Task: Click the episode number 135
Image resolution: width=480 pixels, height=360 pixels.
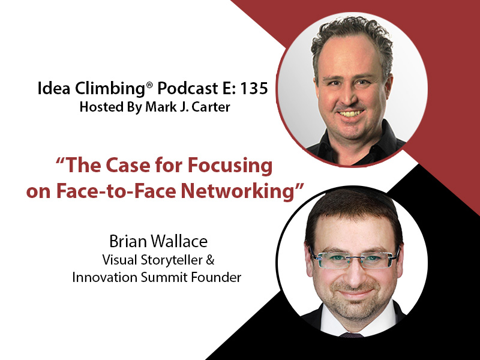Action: pyautogui.click(x=254, y=89)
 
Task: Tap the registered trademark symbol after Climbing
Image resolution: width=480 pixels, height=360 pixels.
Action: pyautogui.click(x=149, y=85)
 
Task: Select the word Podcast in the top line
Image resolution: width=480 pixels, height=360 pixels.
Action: pyautogui.click(x=187, y=89)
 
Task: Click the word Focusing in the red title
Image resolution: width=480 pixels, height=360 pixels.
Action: pyautogui.click(x=230, y=166)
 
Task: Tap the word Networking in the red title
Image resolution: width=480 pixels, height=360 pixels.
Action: pyautogui.click(x=237, y=191)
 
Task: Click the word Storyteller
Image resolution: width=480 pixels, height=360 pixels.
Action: pyautogui.click(x=172, y=260)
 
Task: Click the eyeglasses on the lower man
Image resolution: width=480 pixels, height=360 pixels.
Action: pyautogui.click(x=355, y=259)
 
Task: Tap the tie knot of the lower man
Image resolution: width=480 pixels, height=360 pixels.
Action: pyautogui.click(x=352, y=335)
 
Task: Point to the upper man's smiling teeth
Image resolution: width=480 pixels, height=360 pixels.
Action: pyautogui.click(x=351, y=113)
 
